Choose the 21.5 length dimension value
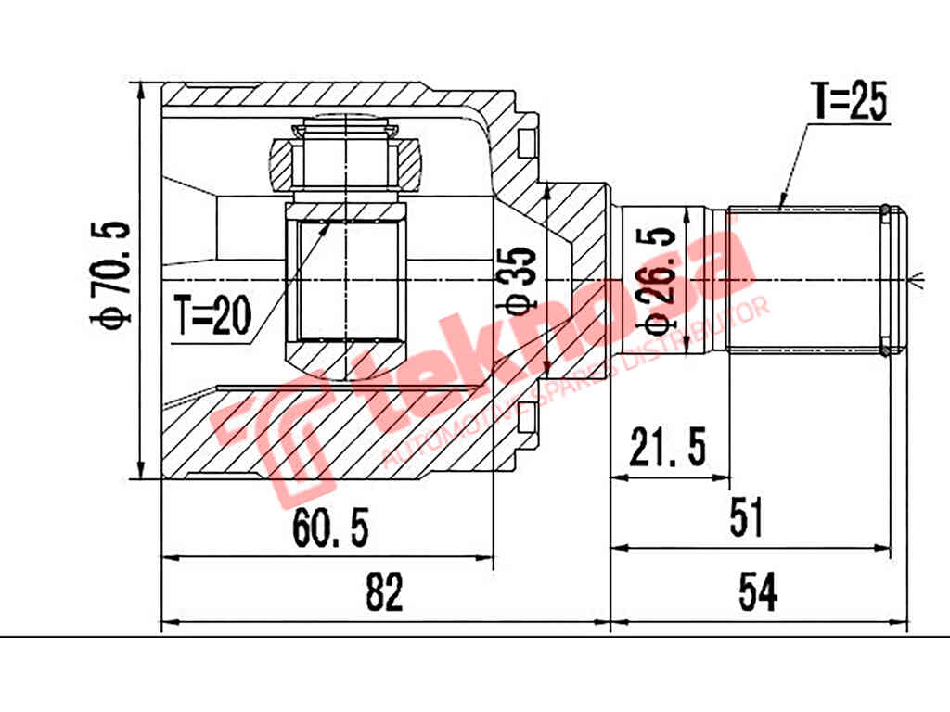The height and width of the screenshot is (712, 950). tap(668, 449)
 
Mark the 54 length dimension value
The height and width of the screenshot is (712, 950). tap(758, 592)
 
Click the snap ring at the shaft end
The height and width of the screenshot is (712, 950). tap(885, 279)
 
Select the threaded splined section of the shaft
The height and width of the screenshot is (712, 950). tap(802, 279)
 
